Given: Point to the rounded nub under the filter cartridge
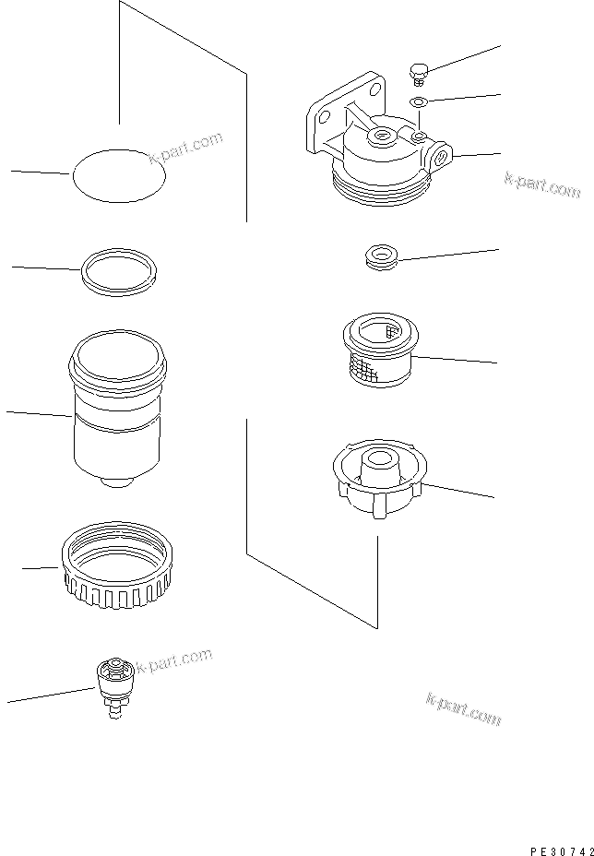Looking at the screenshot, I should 113,482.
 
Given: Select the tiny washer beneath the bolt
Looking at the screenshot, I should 418,101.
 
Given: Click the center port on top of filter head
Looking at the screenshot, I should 381,137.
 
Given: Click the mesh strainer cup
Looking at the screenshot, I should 377,352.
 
